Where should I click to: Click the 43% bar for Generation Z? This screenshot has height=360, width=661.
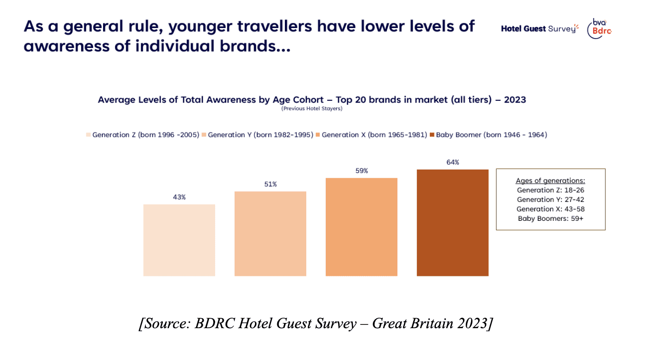(179, 240)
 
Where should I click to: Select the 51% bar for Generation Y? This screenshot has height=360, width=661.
(270, 233)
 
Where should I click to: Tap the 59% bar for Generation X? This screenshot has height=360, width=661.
(361, 227)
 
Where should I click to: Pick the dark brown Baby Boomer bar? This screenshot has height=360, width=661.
(453, 222)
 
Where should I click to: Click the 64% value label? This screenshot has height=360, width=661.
(453, 162)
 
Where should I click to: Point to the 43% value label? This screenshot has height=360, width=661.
(179, 197)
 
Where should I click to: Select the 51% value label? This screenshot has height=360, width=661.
(270, 184)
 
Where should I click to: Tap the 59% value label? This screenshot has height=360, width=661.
(361, 171)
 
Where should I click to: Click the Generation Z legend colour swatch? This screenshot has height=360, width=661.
(88, 135)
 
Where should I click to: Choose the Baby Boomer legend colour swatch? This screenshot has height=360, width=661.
(432, 135)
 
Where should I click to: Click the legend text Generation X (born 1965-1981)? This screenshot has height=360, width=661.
(374, 135)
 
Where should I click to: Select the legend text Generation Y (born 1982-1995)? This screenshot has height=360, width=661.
(260, 135)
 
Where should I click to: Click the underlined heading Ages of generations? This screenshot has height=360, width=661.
(550, 181)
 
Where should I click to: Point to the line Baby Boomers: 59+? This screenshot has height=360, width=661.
(550, 218)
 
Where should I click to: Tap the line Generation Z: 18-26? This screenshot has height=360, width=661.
(550, 190)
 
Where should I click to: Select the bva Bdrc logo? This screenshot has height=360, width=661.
(599, 28)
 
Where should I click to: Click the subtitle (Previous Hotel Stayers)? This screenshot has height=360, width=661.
(312, 109)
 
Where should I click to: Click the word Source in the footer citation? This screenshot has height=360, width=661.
(166, 323)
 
